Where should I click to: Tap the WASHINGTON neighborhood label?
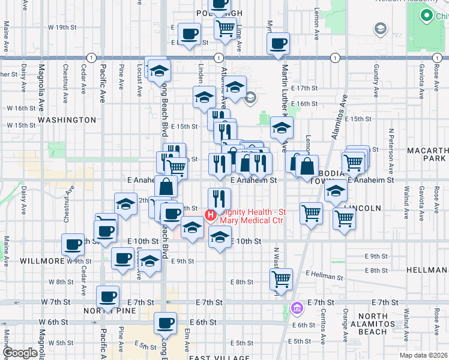pos(67,120)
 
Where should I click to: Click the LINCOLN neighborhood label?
pos(363,208)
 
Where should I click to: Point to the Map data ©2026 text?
pos(424,355)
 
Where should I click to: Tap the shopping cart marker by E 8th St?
pos(281,278)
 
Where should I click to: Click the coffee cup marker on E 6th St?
pos(164,323)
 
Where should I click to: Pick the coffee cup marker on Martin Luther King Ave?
pos(278,43)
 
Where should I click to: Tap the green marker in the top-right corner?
pos(427,15)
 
